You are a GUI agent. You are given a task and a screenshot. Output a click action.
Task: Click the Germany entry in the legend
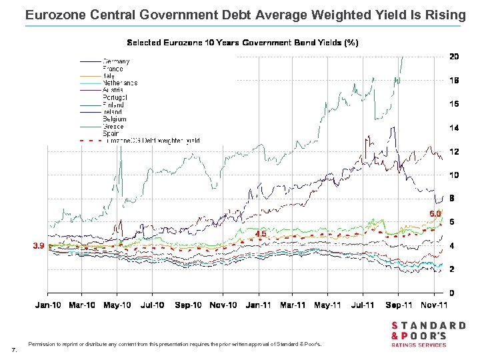pos(116,61)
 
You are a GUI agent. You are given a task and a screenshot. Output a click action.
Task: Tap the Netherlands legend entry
pos(120,83)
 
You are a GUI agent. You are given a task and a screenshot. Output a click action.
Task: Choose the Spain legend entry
pos(111,133)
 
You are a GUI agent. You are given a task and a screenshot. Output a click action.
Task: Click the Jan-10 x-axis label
pos(47,305)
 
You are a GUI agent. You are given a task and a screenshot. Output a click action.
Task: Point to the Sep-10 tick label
pos(188,305)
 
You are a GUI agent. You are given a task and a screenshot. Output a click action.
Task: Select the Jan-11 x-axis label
pos(258,305)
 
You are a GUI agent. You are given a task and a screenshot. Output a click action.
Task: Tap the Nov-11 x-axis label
pos(433,305)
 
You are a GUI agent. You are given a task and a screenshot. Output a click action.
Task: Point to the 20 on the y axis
pos(453,57)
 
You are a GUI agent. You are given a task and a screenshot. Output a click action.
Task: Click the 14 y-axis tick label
pos(453,127)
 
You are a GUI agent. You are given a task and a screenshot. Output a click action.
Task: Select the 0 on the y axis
pos(451,293)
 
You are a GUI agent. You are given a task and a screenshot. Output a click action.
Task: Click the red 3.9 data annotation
pos(39,245)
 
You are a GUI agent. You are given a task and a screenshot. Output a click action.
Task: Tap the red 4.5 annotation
pos(261,234)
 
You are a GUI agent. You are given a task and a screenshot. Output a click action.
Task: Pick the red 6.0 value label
pos(435,213)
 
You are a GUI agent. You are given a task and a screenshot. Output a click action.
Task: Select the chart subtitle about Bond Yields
pos(243,43)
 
